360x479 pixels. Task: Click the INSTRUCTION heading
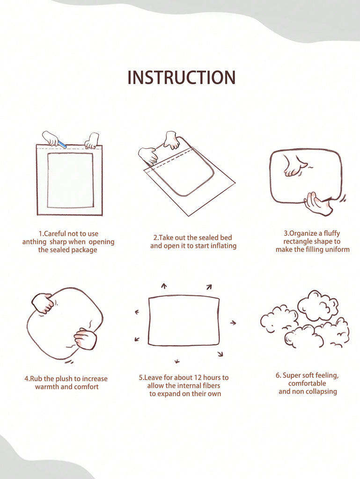click(182, 77)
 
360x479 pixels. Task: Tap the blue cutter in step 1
click(62, 144)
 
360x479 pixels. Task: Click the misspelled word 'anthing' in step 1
click(34, 242)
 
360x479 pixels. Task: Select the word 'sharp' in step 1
click(58, 242)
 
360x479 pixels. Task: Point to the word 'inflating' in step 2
click(224, 246)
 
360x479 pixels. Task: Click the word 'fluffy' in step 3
click(331, 233)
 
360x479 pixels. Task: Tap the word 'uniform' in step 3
click(337, 250)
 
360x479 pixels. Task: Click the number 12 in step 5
click(198, 377)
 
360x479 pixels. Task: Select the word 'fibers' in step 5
click(211, 385)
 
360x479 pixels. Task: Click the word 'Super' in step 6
click(292, 376)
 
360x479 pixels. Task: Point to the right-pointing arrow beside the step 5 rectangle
click(233, 323)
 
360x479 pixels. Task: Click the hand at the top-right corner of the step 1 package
click(91, 141)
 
